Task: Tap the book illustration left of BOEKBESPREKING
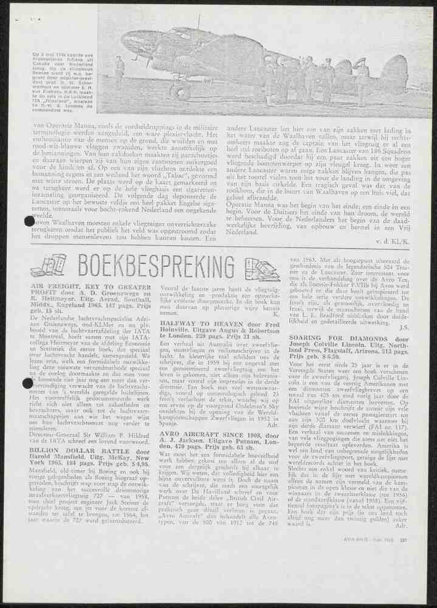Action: point(48,266)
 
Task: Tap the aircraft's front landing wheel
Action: point(181,92)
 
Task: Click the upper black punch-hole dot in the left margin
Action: point(29,222)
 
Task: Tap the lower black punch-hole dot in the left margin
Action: point(27,383)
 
